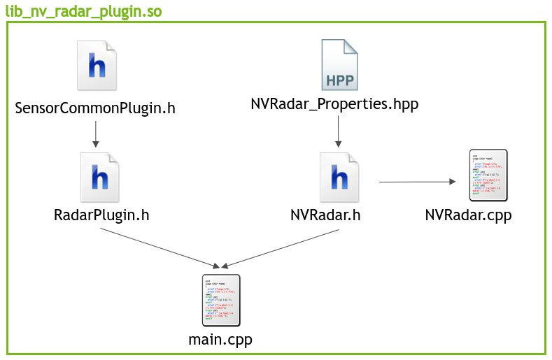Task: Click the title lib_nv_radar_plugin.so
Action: pos(84,10)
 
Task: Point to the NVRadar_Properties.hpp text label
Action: pos(334,105)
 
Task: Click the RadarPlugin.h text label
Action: pos(101,215)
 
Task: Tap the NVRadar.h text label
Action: pos(325,215)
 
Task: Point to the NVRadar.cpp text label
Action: pos(468,215)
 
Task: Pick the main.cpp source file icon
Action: pos(220,300)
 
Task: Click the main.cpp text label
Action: pos(220,340)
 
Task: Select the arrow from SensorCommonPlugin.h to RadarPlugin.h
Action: pos(95,134)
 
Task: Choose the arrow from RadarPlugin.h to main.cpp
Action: pos(160,248)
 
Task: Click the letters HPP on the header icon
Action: pos(339,78)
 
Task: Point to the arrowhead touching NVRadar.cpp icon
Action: pos(452,182)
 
